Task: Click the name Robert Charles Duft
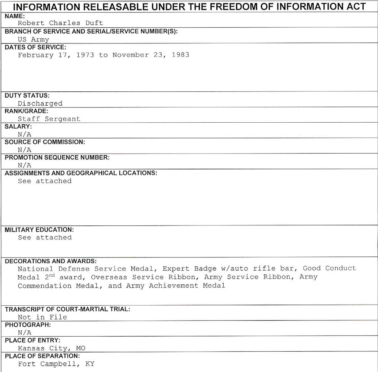[60, 23]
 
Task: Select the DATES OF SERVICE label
[35, 47]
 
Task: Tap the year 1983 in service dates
[181, 55]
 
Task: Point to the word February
[36, 55]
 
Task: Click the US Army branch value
[33, 39]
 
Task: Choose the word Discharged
[40, 103]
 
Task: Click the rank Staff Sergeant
[49, 119]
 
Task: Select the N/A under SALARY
[25, 134]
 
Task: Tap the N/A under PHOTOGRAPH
[25, 333]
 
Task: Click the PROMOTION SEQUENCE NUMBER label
[57, 158]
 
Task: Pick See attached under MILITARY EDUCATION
[45, 238]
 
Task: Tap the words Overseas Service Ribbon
[144, 277]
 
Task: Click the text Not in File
[42, 317]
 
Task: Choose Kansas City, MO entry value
[52, 348]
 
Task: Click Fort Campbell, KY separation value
[56, 364]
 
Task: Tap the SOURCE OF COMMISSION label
[45, 142]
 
